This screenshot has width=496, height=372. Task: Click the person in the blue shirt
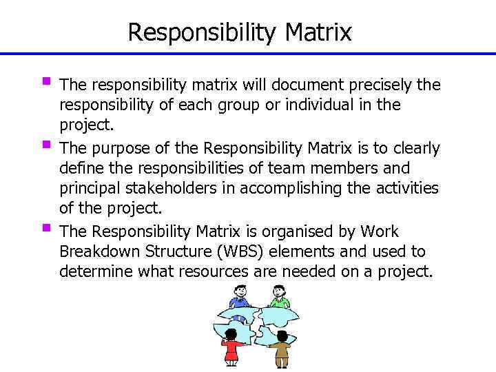pyautogui.click(x=238, y=298)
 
